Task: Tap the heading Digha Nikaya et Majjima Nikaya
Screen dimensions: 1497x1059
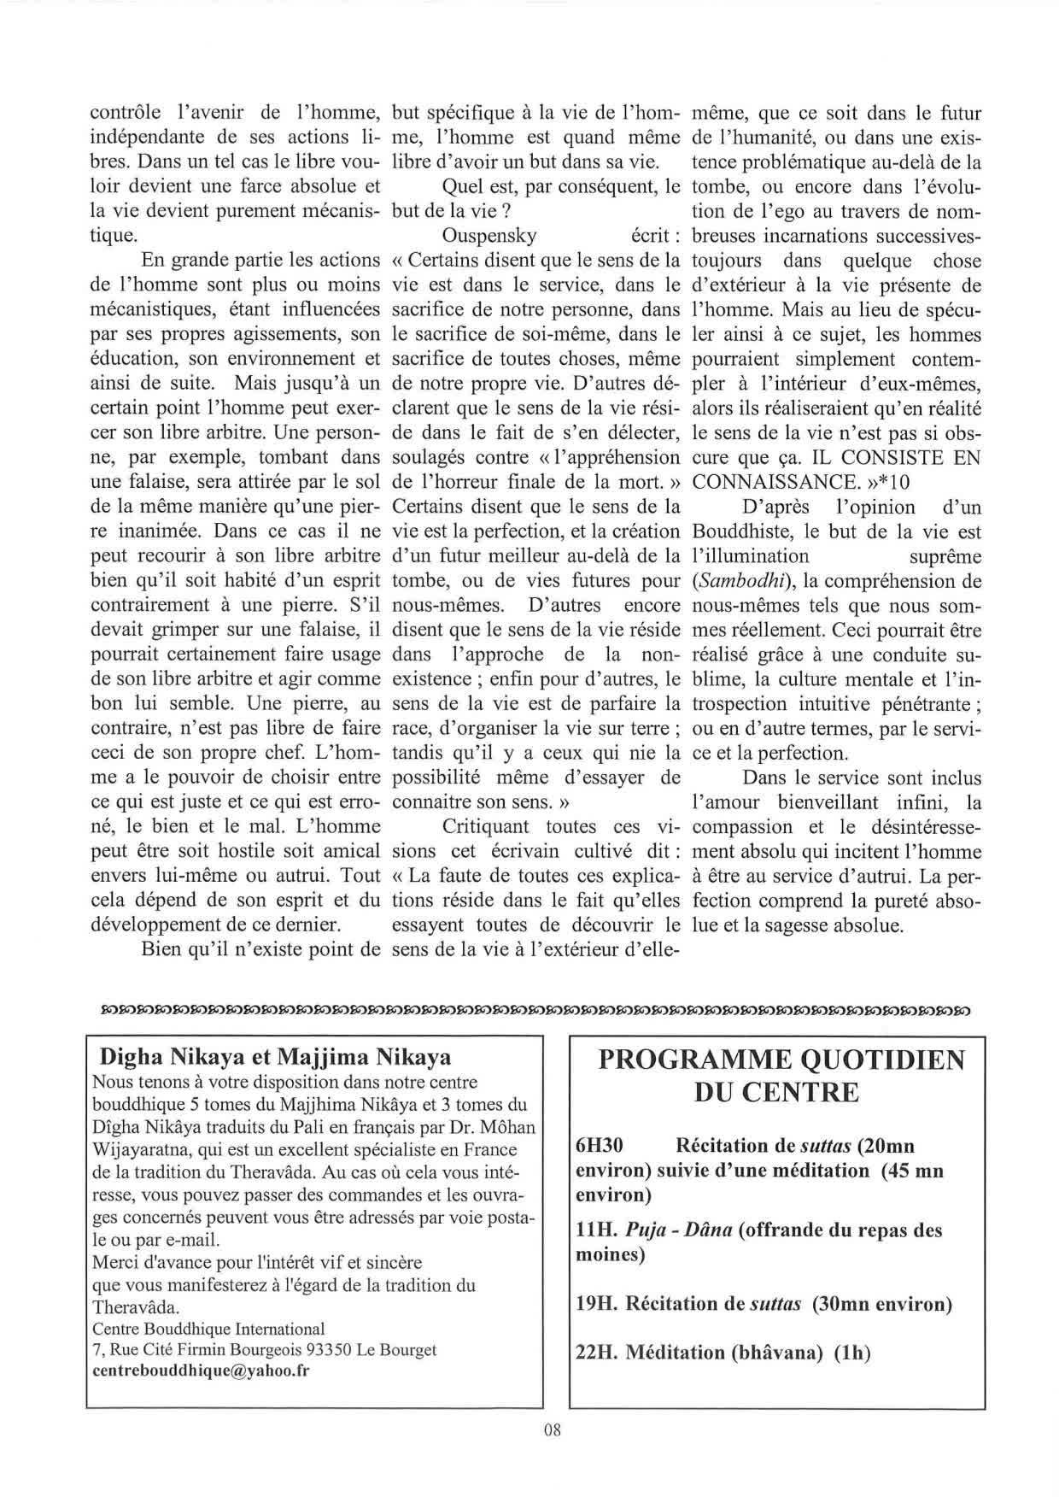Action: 276,1057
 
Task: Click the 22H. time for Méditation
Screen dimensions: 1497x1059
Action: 598,1353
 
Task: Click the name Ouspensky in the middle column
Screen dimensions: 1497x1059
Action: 490,236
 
